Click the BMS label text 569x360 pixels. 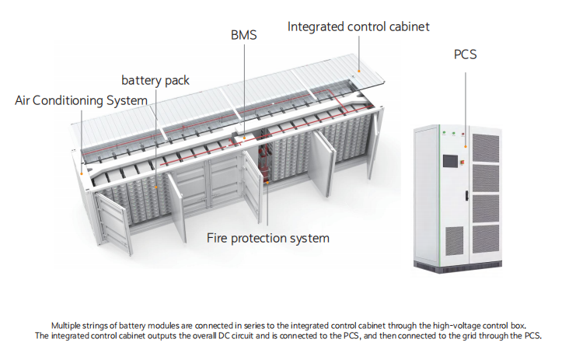point(244,35)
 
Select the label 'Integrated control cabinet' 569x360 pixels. point(358,27)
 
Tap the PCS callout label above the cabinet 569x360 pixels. point(465,54)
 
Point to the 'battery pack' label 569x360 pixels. point(155,80)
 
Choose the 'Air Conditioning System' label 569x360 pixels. point(82,100)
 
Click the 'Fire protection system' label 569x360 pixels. point(268,238)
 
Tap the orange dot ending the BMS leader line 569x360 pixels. point(245,138)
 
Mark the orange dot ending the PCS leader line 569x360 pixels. point(466,147)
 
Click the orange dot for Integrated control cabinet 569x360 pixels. point(359,71)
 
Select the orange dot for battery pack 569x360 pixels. point(156,187)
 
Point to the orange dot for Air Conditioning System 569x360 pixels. point(82,174)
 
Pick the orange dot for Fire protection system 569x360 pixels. point(267,183)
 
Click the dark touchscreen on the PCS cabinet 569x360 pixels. point(450,160)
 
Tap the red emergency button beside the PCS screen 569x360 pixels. point(463,162)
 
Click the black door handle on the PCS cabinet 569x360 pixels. point(466,195)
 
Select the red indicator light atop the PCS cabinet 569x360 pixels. point(463,134)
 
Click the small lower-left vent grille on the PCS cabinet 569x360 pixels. point(454,240)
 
